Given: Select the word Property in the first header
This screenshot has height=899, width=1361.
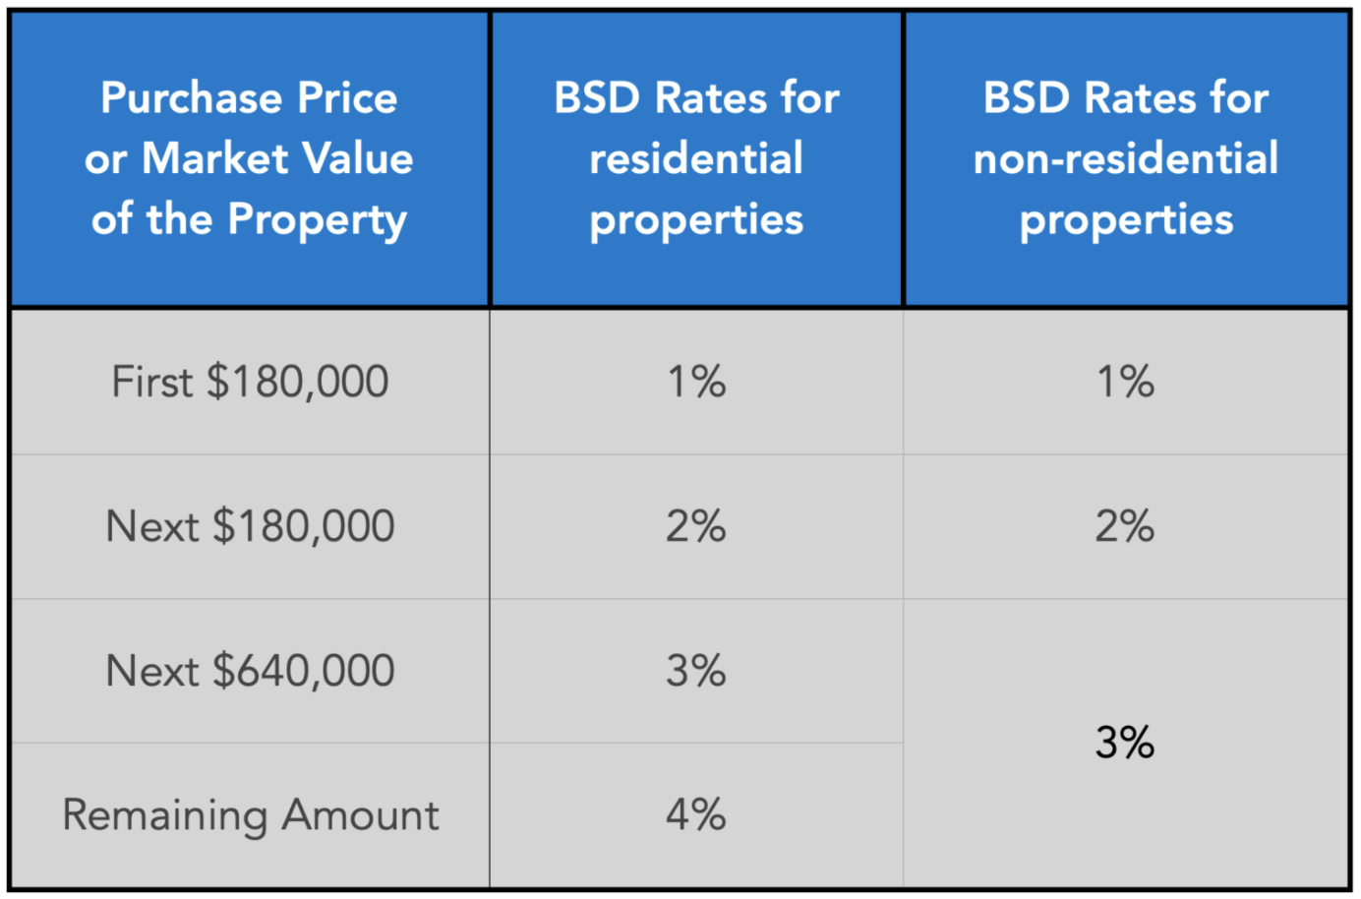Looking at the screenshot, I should pos(317,220).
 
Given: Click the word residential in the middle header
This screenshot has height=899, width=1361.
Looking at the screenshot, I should pos(696,158).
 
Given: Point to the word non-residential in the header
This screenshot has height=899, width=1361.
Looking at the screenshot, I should pos(1125,158).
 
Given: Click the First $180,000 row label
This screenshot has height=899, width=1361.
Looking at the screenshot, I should pos(250,382).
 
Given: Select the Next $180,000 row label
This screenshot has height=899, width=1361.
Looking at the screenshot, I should pos(250,526).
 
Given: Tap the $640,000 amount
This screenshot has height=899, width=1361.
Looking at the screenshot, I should pos(303,671).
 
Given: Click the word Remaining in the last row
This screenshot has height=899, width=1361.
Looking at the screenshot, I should pos(164,815).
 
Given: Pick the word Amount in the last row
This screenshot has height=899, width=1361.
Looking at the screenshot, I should pos(360,815).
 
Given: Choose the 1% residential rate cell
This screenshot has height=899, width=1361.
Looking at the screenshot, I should pos(696,382).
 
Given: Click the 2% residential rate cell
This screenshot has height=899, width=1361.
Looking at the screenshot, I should pos(696,526).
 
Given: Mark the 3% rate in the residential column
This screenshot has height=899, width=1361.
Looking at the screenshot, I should pos(696,671).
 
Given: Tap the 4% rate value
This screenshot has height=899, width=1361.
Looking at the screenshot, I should pos(696,815).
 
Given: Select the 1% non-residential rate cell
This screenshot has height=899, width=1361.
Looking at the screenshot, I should pos(1125,382).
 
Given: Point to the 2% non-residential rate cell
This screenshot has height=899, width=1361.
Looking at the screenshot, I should pos(1125,526).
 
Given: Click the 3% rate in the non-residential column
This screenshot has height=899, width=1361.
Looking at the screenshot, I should pos(1125,743).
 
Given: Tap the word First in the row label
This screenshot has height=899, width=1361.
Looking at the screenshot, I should pos(151,382).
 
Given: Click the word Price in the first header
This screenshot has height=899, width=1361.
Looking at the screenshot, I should pos(347,98).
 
